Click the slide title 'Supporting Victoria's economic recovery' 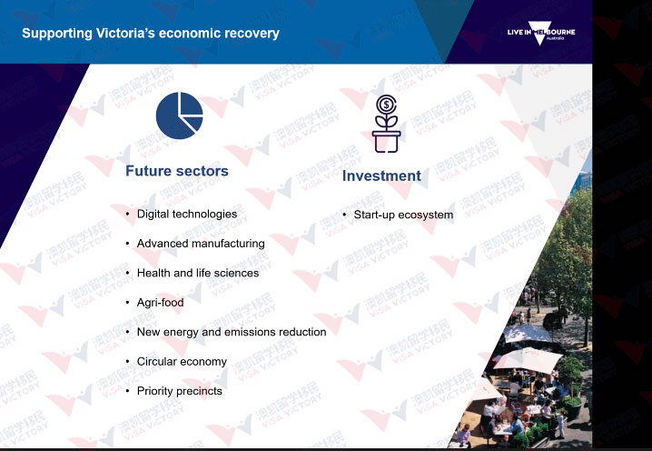point(151,34)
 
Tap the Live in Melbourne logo point(541,33)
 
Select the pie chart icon point(179,115)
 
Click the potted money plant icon point(386,124)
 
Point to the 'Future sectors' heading point(177,171)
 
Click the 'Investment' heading point(381,175)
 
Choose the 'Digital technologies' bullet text point(187,214)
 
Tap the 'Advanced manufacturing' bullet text point(201,244)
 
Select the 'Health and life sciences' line point(198,273)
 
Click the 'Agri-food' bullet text point(160,302)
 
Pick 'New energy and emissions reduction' point(232,332)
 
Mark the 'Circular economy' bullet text point(182,362)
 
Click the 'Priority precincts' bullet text point(179,391)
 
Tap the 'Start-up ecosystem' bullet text point(403,215)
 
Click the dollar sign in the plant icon point(386,105)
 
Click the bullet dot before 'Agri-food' point(128,302)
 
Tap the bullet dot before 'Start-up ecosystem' point(344,215)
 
